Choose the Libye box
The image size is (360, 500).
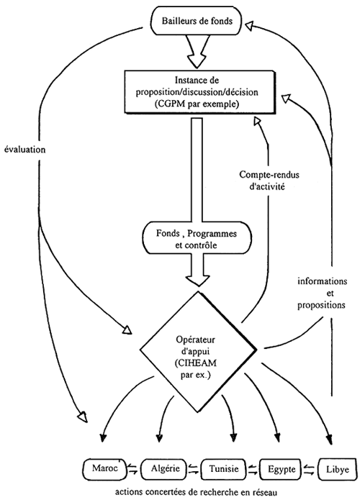coord(336,469)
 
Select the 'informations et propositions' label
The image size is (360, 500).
coord(323,292)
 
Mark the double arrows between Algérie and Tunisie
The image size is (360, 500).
coord(192,469)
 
